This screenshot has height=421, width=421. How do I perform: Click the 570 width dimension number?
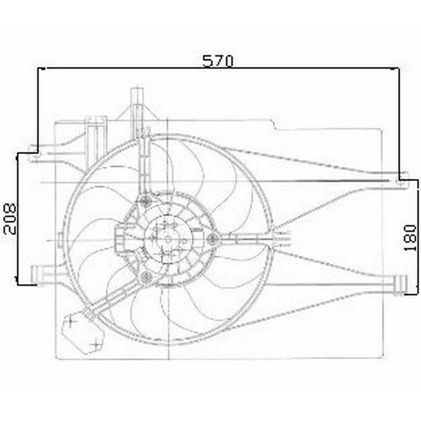[218, 61]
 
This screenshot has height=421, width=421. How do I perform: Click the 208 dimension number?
[10, 219]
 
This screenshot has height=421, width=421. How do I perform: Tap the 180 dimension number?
[410, 237]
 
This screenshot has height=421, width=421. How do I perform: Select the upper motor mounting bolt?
[146, 200]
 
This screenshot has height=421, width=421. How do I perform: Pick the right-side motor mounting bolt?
[212, 239]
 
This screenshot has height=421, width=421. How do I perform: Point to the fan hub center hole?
[168, 239]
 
